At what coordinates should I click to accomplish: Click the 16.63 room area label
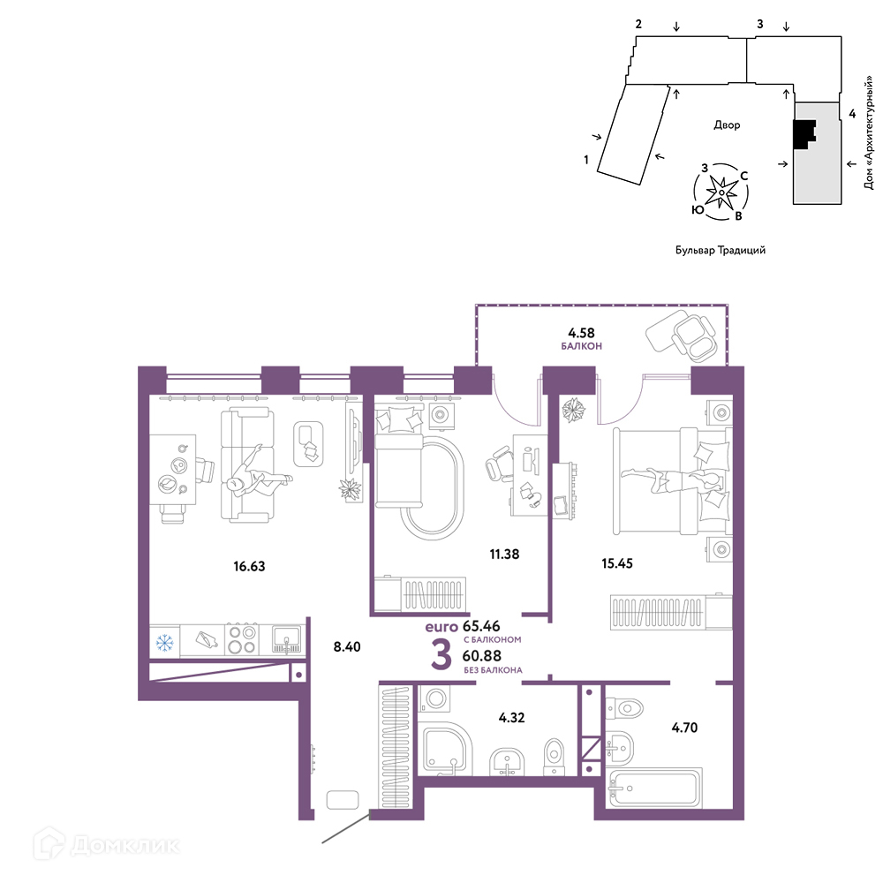249,566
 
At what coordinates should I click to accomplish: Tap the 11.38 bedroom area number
504,555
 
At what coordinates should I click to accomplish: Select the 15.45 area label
617,563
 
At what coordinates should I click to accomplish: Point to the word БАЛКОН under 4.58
581,346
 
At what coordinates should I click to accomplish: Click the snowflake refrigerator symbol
164,643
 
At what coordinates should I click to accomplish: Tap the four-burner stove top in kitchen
242,639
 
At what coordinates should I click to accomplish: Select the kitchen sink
287,639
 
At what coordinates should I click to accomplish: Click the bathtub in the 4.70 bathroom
655,788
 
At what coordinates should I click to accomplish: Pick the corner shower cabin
445,748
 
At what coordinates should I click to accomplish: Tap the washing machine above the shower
434,699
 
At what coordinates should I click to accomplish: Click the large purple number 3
441,654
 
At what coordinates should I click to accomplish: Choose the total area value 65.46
481,626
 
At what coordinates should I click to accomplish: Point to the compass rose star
721,192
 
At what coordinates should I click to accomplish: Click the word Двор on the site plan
727,125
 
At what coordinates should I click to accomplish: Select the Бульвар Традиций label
721,250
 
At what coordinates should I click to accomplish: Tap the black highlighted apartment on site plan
803,134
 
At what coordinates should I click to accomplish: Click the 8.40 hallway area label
347,646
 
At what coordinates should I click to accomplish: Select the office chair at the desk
499,463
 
